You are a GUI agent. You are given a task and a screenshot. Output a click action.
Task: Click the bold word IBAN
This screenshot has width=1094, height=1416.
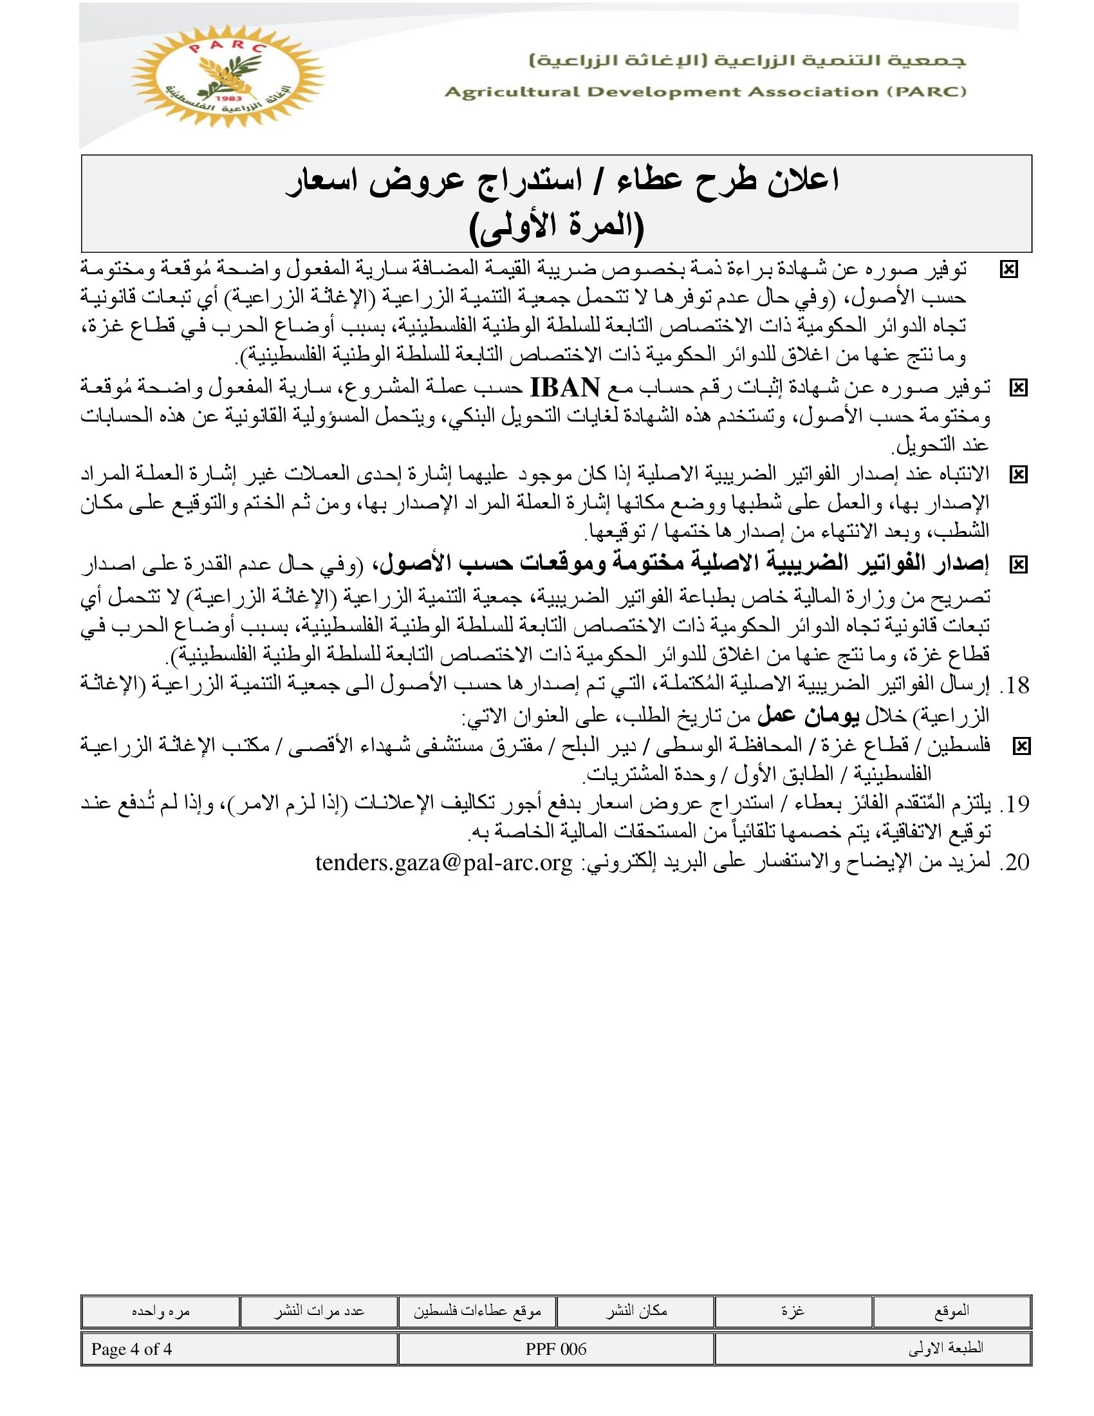click(564, 387)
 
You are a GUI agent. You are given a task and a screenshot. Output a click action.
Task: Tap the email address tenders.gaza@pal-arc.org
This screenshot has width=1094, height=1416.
click(444, 863)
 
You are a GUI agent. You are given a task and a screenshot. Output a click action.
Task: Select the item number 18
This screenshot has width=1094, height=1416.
click(1015, 685)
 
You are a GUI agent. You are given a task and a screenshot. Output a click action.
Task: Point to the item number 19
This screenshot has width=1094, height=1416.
click(1015, 805)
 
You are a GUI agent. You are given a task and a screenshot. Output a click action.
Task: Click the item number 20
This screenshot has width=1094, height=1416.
click(1015, 863)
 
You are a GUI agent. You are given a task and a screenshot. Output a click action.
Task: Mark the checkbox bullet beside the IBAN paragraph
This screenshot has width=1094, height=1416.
click(1018, 388)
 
